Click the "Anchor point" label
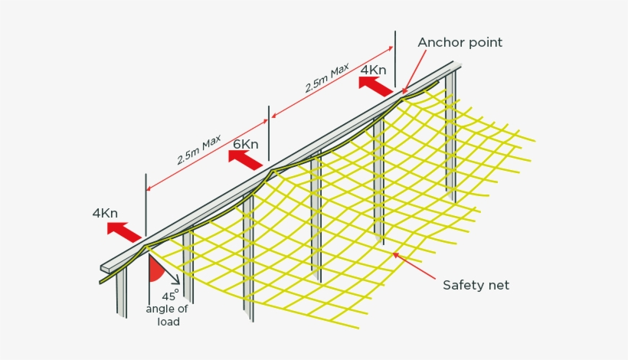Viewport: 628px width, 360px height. [460, 43]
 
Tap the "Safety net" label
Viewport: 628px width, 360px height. [476, 285]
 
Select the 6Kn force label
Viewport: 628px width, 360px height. [246, 144]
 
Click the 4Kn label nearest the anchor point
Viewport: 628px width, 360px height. [374, 70]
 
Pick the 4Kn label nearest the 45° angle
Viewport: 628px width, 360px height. [105, 213]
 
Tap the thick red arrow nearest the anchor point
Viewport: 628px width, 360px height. [376, 87]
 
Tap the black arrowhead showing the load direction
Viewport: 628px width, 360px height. [176, 281]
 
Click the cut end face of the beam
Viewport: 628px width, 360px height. [105, 269]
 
